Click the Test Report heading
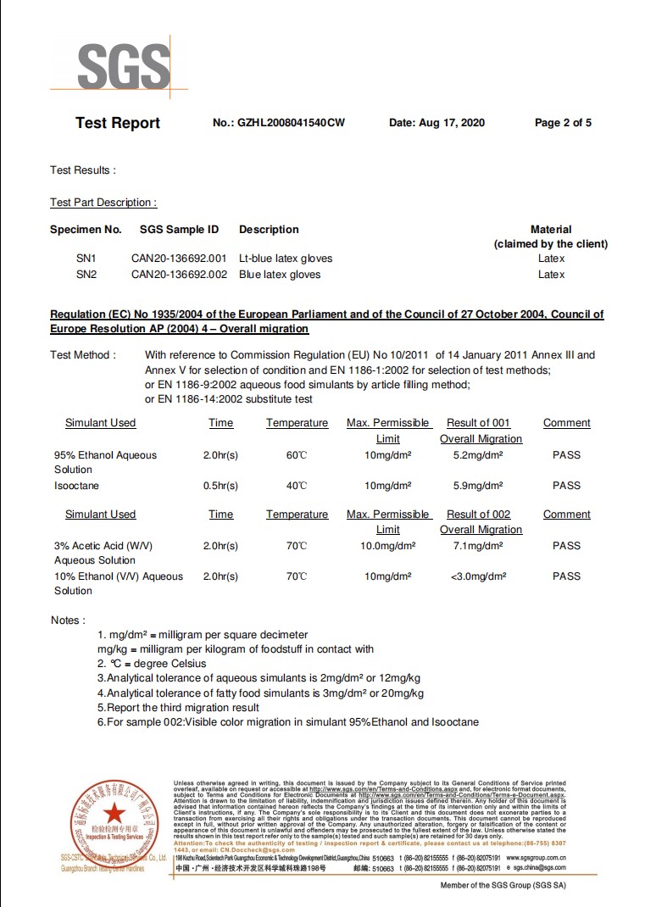point(118,123)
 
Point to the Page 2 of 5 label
point(563,123)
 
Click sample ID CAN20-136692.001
point(179,259)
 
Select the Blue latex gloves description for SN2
point(280,275)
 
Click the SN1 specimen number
point(86,259)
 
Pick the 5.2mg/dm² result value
point(478,455)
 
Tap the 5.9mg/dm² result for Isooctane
point(478,486)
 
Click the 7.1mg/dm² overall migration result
point(478,546)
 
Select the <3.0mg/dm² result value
point(479,576)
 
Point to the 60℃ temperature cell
point(297,455)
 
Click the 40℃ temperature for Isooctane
point(297,486)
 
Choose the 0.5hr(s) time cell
point(220,486)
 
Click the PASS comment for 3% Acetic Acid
point(566,546)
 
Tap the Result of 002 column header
point(479,515)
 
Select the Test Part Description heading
point(103,203)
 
